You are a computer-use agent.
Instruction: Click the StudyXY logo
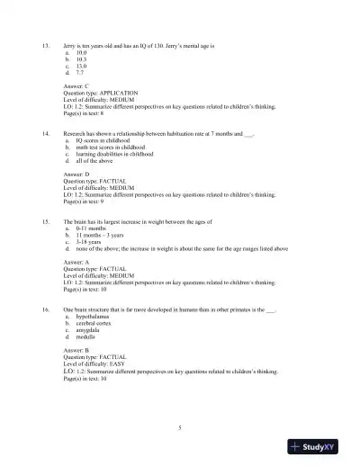coord(319,446)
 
